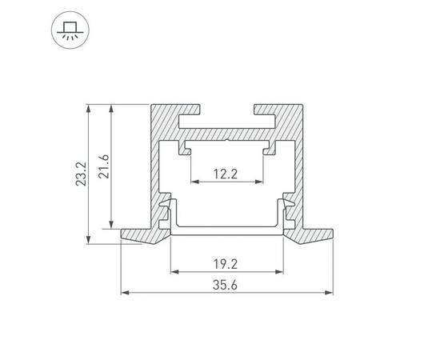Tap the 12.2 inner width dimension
coord(226,173)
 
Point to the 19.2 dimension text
coord(226,262)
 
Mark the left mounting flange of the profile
coord(141,234)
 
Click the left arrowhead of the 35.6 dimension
coord(123,293)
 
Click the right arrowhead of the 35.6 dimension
coord(330,293)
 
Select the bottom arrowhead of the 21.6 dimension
coord(109,226)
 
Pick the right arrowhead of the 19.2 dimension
coord(281,270)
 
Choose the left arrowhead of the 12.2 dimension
coord(193,181)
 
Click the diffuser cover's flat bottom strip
coord(226,231)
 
